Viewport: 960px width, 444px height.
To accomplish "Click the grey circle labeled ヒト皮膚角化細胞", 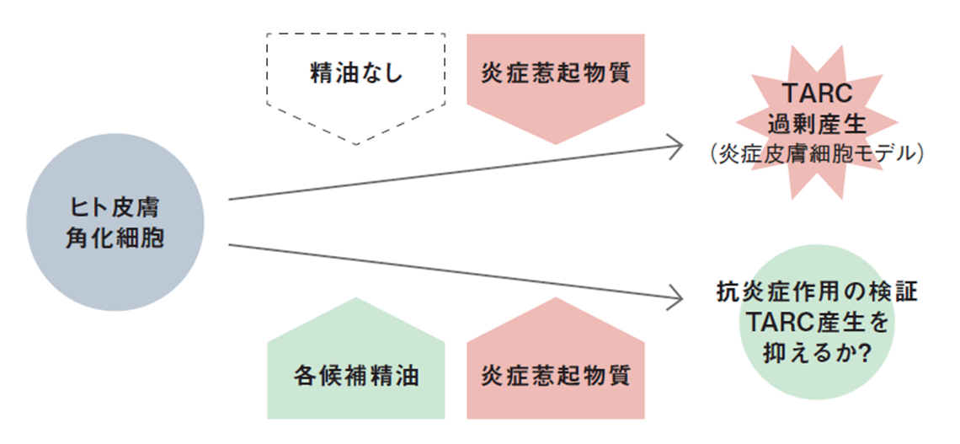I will click(115, 223).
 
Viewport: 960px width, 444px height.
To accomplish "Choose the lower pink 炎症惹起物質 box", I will click(555, 371).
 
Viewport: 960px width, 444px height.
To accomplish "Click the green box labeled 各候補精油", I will click(355, 371).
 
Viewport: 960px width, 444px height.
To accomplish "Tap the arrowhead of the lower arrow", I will click(678, 296).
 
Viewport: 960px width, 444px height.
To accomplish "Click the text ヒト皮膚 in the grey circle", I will click(116, 206).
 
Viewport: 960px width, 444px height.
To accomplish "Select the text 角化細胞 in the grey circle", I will click(116, 238).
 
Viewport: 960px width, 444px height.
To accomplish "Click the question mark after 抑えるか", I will click(863, 353).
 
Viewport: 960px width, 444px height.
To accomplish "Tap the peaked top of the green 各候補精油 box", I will click(355, 302).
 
